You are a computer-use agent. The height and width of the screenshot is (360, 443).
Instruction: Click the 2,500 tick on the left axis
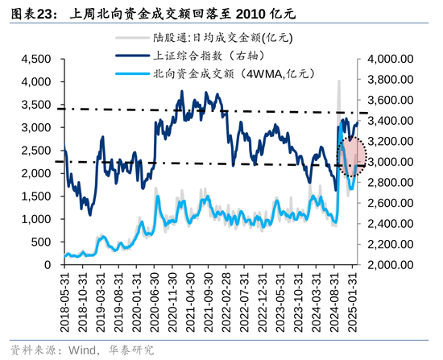pos(36,151)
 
